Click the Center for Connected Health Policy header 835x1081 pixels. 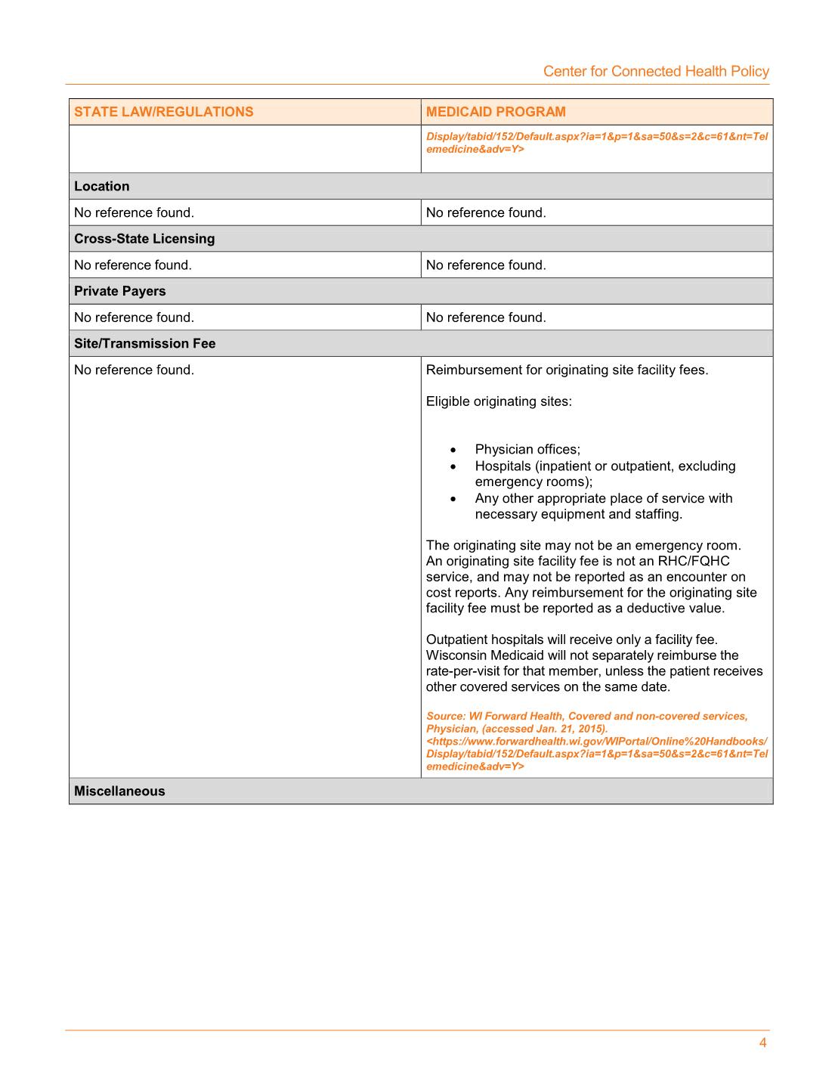(x=656, y=71)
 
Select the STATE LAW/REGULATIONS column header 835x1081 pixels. (x=163, y=112)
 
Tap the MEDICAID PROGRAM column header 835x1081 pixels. (x=496, y=112)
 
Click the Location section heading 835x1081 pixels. (x=101, y=186)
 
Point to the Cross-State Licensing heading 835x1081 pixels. (x=144, y=239)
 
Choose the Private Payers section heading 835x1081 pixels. (x=119, y=291)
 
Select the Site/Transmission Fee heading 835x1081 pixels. (x=144, y=343)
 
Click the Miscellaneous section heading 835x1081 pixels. (x=119, y=791)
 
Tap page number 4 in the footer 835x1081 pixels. (x=762, y=1043)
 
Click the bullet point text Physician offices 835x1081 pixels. (x=527, y=450)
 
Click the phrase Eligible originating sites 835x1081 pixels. (x=499, y=401)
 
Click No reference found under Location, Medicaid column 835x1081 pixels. (x=486, y=212)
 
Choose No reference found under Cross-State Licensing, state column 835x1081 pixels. (x=133, y=265)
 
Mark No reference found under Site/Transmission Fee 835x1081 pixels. (x=134, y=370)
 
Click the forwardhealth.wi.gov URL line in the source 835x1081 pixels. (x=596, y=742)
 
